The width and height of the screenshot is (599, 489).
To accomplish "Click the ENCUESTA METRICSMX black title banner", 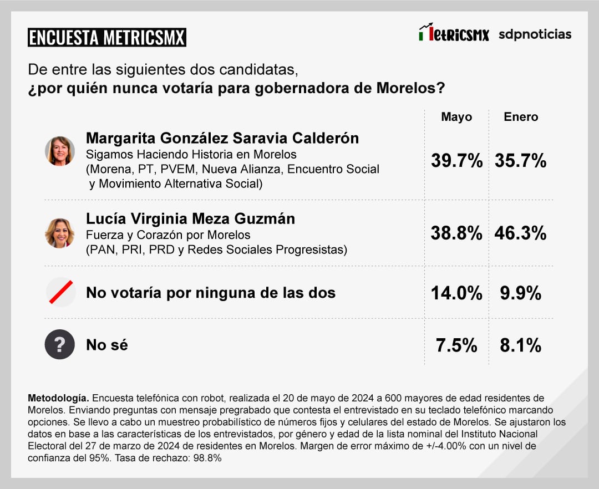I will [107, 38].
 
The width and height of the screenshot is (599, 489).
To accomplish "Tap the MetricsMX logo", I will [454, 33].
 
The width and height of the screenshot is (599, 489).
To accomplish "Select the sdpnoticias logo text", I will [535, 34].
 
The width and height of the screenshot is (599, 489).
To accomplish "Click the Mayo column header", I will [456, 117].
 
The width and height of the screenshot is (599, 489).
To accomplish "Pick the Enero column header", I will [521, 117].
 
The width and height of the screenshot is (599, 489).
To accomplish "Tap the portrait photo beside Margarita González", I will [60, 151].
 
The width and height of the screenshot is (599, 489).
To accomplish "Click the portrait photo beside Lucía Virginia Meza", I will [60, 233].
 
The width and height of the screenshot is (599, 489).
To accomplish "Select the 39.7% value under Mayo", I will [456, 161].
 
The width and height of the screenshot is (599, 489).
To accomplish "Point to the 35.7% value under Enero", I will [520, 161].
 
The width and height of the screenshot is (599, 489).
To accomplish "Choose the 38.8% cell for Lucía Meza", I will [456, 233].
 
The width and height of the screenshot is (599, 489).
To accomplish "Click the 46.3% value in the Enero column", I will [520, 233].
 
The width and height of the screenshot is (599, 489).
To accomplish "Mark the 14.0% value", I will [456, 293].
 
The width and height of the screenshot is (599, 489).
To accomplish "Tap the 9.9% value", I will [520, 293].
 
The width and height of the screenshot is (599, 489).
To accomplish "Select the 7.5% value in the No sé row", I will [456, 345].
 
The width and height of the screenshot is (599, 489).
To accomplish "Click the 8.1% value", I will [520, 345].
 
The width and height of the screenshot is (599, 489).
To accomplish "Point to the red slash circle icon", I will [60, 292].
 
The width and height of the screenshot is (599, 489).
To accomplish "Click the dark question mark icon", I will [60, 345].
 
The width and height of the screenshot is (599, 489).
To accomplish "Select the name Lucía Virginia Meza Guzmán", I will [190, 219].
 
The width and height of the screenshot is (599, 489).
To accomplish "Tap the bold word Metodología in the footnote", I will [58, 398].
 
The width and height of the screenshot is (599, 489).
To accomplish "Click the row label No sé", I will [107, 345].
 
